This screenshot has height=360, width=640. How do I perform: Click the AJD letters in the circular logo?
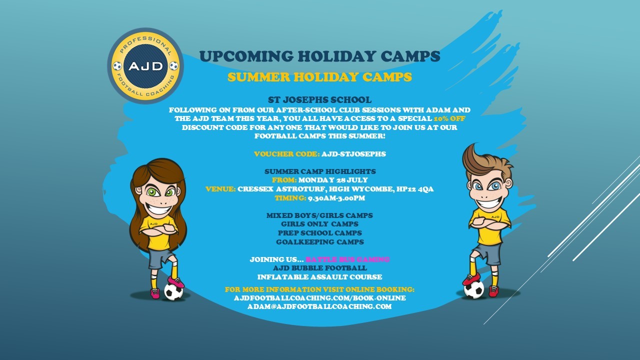145,66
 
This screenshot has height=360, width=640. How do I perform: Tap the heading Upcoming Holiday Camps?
319,56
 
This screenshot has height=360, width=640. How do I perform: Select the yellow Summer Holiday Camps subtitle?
319,77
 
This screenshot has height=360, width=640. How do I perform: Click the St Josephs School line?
319,99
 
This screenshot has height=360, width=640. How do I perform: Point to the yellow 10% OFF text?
449,118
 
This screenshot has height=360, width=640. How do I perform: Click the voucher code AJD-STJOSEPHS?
353,154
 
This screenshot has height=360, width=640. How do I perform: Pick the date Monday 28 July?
333,180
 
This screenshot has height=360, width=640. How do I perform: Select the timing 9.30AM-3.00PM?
336,198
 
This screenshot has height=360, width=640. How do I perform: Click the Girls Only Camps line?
319,224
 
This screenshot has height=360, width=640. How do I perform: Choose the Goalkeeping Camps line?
319,242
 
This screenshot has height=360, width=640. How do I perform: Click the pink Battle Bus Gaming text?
347,259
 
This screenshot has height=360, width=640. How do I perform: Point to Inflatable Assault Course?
319,277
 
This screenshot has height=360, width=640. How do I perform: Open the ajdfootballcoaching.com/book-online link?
319,298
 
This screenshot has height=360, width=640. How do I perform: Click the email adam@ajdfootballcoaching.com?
319,306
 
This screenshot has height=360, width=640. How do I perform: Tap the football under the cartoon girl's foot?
173,291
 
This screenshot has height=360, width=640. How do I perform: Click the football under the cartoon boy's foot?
473,289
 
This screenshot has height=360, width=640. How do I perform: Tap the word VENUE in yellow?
220,189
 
